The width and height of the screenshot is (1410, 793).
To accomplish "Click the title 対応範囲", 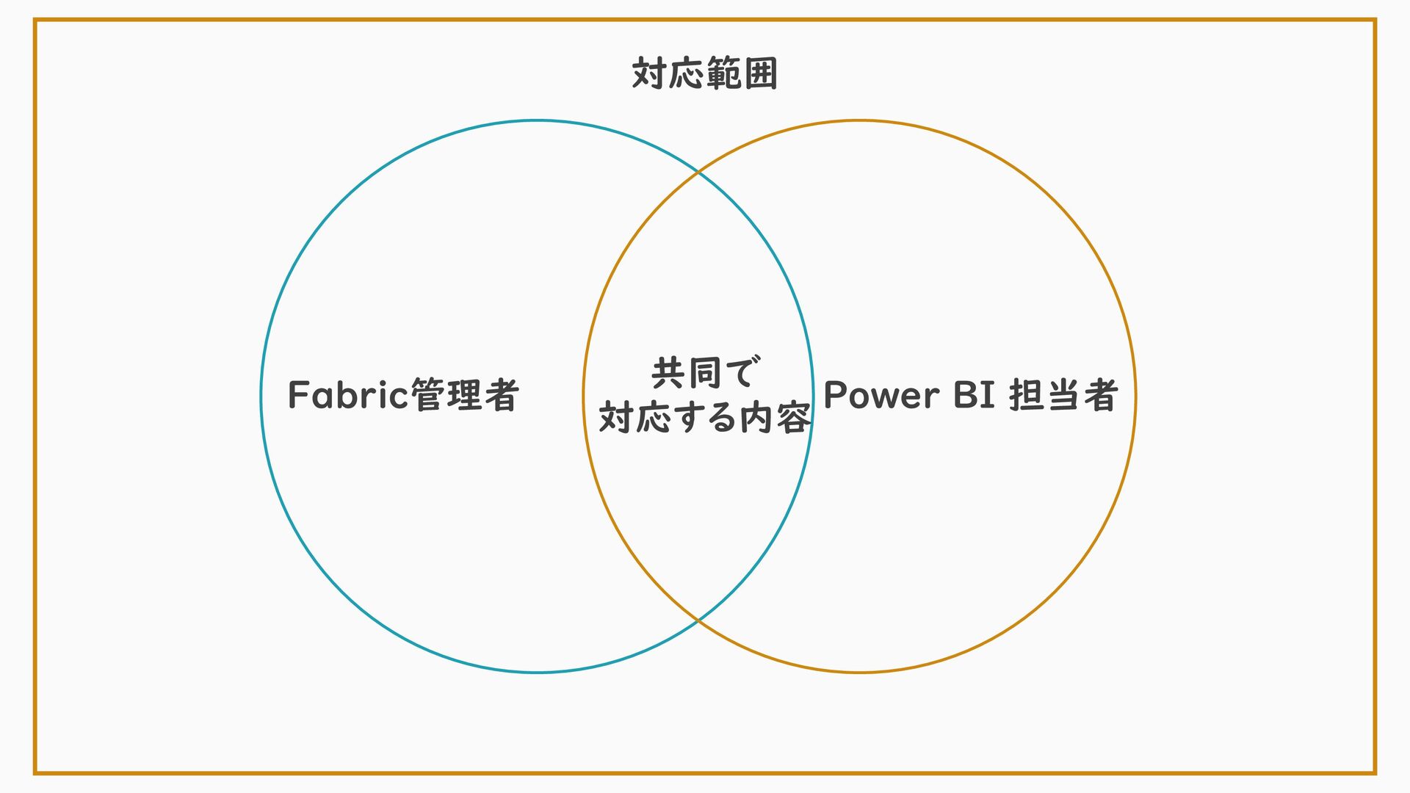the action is (704, 73).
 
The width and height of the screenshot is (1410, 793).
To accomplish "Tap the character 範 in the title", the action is (723, 73).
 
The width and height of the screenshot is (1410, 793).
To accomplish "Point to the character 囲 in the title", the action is (761, 73).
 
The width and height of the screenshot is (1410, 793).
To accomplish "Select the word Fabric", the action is (347, 395).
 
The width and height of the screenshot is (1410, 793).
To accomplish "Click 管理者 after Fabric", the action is (464, 395).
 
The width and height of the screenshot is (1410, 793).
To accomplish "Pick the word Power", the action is (881, 395).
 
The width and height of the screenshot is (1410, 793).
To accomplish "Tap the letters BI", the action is (974, 395).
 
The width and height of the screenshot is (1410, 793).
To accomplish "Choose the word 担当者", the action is (1063, 395).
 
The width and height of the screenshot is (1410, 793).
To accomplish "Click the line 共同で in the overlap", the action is (705, 373).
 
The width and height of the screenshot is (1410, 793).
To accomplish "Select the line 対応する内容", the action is (705, 417).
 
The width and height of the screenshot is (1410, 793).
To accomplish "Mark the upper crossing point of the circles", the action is (698, 173).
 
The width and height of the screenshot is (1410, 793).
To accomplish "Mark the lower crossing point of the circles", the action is (698, 620).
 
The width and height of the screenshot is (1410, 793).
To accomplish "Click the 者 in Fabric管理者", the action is (502, 395).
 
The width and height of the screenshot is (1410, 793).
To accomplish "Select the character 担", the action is (1026, 395).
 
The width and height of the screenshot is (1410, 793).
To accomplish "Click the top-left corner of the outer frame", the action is (35, 21).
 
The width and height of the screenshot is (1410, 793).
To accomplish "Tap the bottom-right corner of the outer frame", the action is (1375, 772).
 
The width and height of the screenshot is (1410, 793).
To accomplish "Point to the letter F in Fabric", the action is (297, 395).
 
